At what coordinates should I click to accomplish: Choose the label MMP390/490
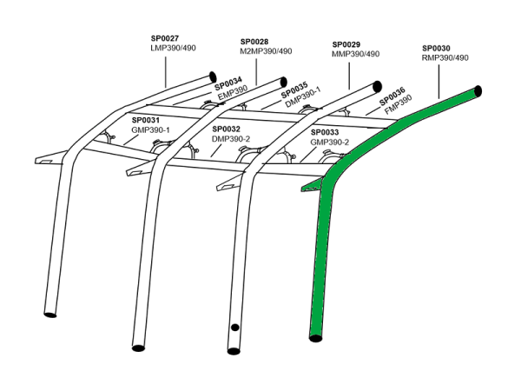(x=356, y=54)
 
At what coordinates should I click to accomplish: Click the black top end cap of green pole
(x=478, y=90)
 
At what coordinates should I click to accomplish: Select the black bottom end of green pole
(x=316, y=337)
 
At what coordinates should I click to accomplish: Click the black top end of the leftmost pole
(x=211, y=76)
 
